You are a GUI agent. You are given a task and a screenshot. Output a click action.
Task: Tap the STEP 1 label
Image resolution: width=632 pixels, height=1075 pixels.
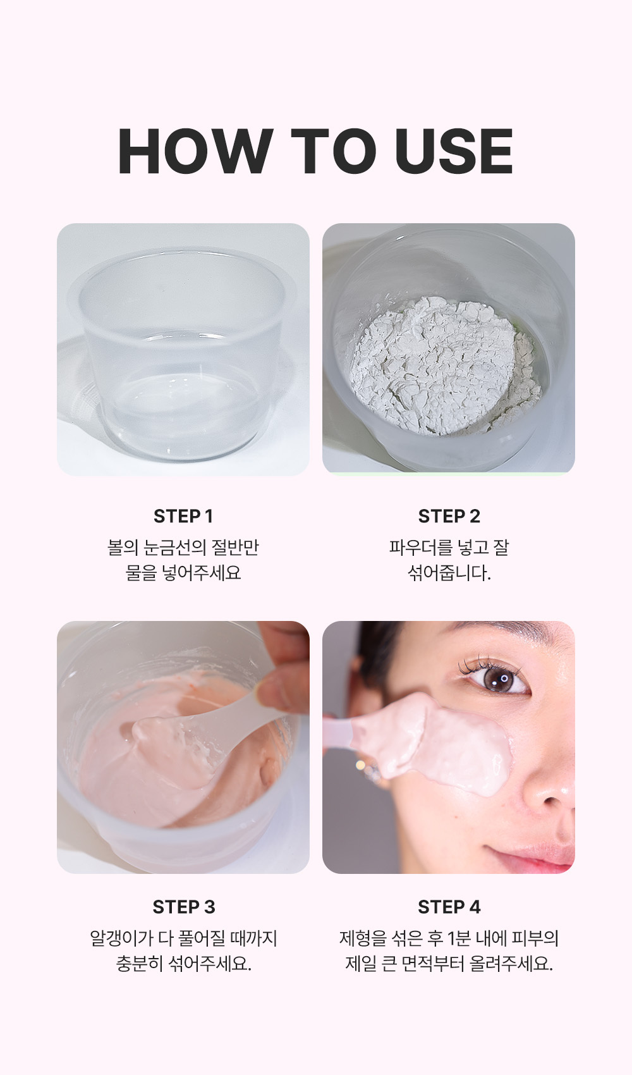[x=183, y=517]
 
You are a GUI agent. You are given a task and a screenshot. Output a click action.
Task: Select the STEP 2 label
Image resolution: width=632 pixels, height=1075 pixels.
[x=449, y=517]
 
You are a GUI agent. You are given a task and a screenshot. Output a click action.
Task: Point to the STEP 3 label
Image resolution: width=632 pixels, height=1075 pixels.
[x=184, y=907]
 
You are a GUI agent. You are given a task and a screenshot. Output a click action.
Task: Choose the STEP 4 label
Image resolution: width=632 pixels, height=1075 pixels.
[x=449, y=907]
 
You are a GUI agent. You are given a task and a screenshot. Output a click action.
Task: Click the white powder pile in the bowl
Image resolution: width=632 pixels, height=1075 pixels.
[x=443, y=365]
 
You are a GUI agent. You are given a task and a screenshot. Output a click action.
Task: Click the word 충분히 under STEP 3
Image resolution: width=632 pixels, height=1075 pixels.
[x=140, y=964]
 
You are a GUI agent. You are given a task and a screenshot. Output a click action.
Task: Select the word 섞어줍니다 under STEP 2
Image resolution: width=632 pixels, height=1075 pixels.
[x=449, y=573]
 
